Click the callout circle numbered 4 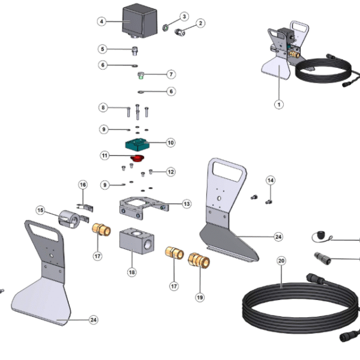pos(102,21)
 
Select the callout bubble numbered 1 pos(278,104)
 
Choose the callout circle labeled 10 pos(171,143)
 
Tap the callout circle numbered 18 pos(132,272)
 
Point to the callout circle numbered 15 pos(41,211)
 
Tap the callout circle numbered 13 pos(187,204)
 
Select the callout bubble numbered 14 pos(271,180)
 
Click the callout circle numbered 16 pos(83,184)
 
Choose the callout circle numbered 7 pos(171,74)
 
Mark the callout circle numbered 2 pos(201,23)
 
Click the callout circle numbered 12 pos(171,172)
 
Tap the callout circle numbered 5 pos(103,49)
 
